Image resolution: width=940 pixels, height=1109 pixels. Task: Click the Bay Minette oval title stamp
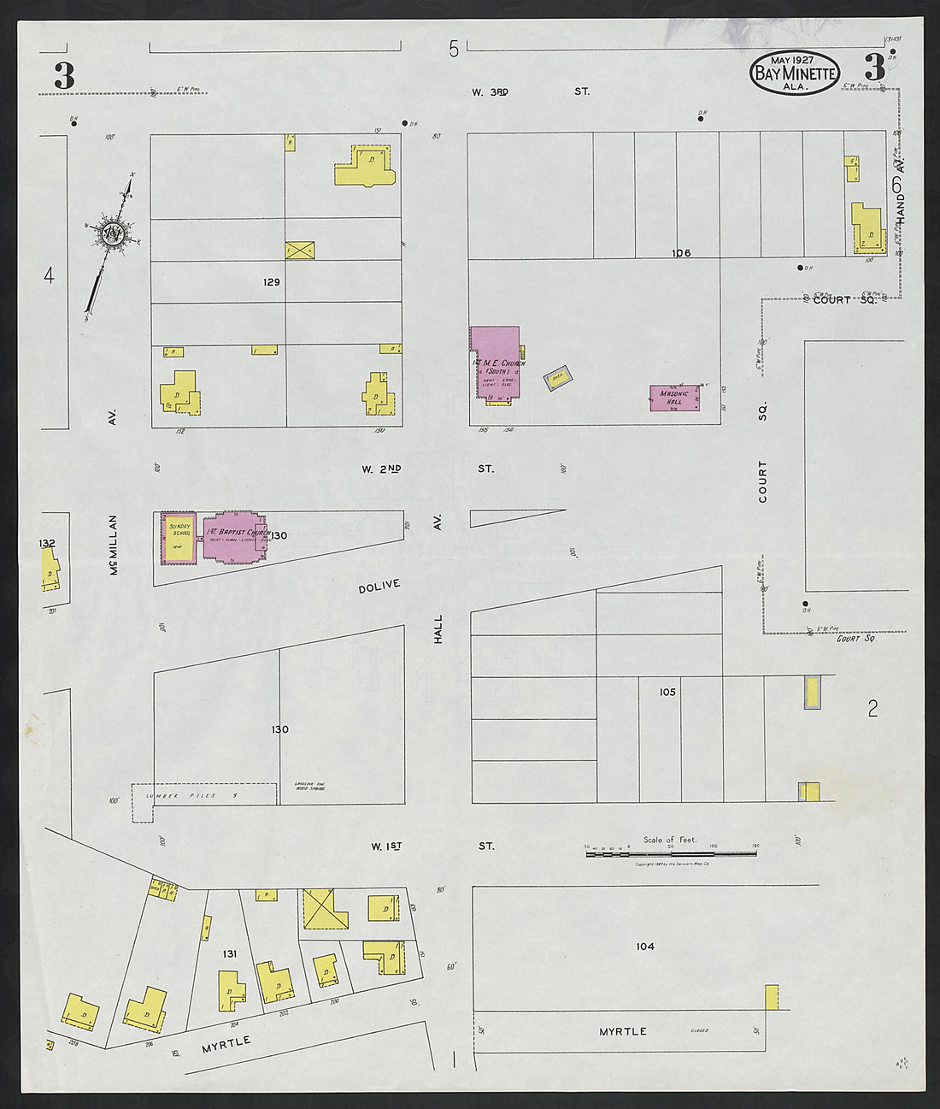[794, 73]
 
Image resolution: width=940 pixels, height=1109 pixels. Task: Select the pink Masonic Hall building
[674, 398]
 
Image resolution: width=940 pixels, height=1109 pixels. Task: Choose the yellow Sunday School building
[179, 537]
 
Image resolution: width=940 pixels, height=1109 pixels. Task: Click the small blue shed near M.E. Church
[558, 377]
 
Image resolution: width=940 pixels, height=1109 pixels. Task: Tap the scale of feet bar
[671, 853]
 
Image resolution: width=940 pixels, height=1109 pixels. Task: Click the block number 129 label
[272, 281]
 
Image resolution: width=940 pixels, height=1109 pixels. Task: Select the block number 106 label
[680, 252]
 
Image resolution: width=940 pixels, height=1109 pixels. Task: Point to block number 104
[645, 946]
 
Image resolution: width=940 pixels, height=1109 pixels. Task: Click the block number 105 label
[667, 692]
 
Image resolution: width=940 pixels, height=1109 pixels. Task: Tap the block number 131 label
[229, 953]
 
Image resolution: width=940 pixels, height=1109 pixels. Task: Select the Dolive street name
[379, 587]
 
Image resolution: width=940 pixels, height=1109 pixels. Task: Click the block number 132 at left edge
[47, 543]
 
